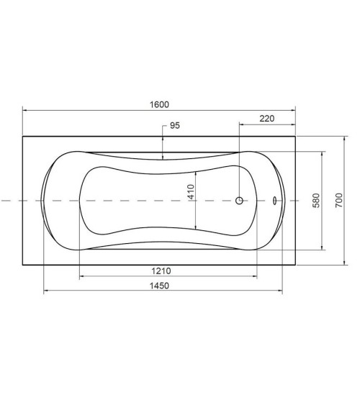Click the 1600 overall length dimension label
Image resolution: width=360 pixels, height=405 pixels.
click(159, 104)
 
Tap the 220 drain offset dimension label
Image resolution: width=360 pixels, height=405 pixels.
click(266, 119)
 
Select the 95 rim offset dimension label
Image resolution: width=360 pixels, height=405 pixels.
click(175, 126)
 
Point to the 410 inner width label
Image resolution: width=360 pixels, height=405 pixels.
click(191, 191)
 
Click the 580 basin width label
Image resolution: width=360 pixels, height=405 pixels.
click(316, 200)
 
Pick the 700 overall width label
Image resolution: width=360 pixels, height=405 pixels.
click(338, 200)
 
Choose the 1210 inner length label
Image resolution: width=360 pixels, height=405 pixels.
click(161, 271)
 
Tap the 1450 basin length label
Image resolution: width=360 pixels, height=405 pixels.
click(159, 286)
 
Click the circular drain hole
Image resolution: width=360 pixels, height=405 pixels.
click(239, 201)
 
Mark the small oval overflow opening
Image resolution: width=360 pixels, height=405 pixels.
click(274, 201)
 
